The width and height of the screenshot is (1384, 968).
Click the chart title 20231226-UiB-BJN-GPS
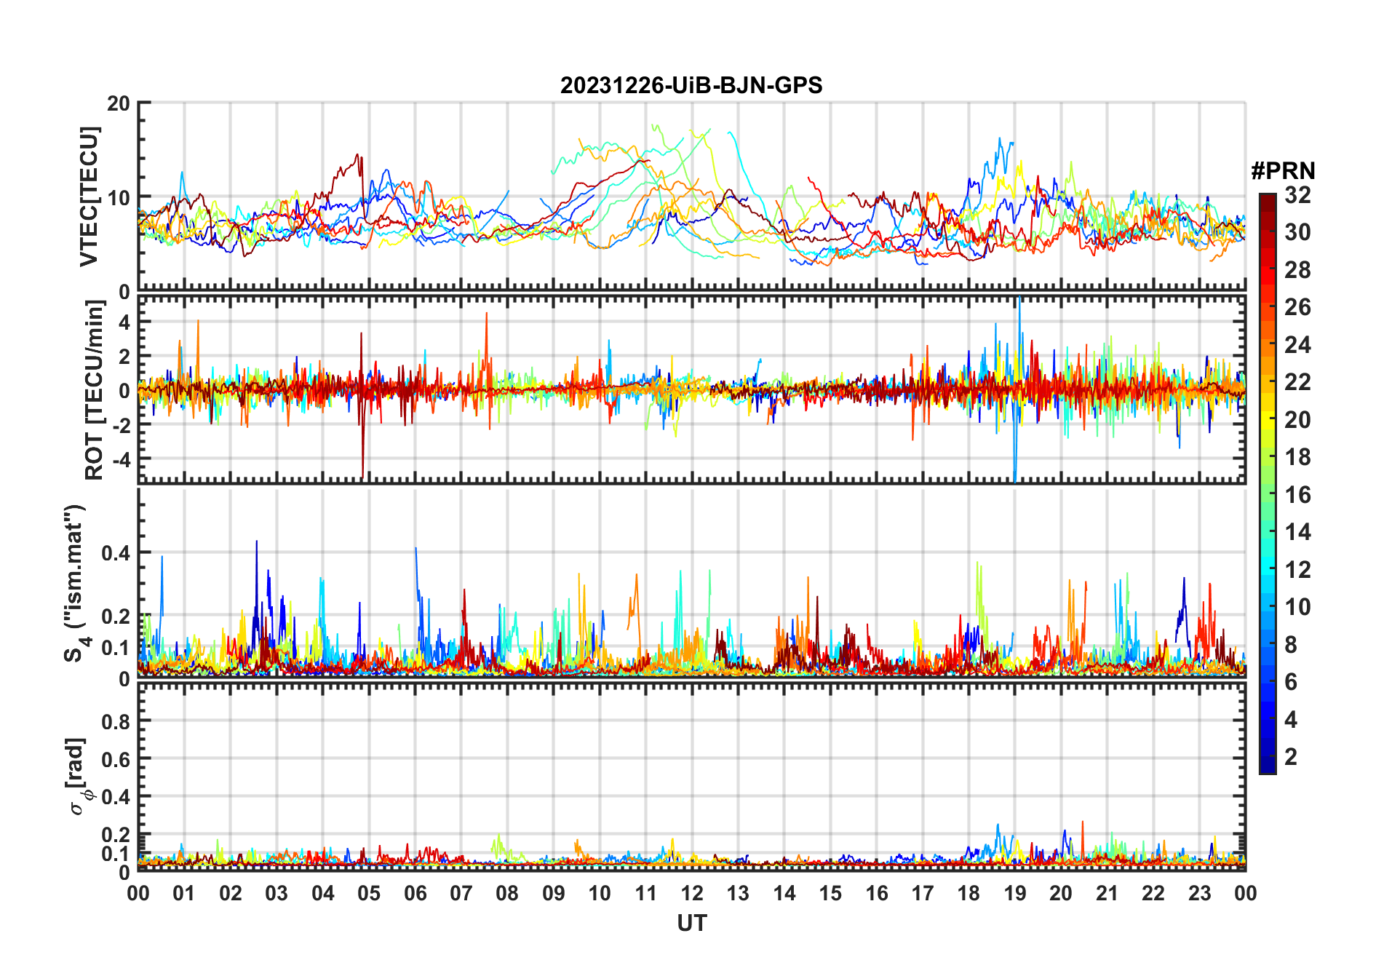coord(691,86)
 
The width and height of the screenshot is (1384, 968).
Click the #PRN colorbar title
coord(1283,171)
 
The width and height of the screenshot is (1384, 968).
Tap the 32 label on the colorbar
coord(1297,195)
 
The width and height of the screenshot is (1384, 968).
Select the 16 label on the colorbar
coord(1297,495)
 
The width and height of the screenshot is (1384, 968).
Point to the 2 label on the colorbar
coord(1291,757)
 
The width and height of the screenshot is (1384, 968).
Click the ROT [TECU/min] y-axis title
coord(94,390)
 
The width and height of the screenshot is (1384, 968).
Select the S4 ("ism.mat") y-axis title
coord(75,582)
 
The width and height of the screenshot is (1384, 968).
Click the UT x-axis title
coord(691,923)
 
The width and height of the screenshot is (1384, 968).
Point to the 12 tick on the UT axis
coord(691,893)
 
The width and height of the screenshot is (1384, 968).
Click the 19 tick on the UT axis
coord(1014,893)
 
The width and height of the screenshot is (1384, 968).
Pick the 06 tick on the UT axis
coord(415,893)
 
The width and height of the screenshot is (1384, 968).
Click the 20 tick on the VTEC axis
coord(119,103)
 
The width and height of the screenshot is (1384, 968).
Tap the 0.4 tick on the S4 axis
coord(115,553)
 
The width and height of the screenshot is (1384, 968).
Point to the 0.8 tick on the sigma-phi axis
coord(115,721)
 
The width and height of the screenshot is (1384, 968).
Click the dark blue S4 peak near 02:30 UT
coord(256,542)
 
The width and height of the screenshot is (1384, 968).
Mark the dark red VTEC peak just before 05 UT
coord(357,155)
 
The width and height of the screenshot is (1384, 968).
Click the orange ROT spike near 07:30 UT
coord(487,314)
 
